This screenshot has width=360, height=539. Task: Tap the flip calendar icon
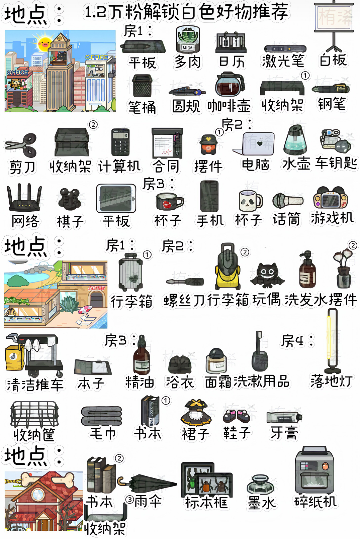[x=231, y=42]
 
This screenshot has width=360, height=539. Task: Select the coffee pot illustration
[x=230, y=85]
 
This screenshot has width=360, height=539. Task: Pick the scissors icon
[x=22, y=145]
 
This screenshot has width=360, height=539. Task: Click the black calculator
[x=120, y=142]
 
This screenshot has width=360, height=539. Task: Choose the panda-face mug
[x=250, y=201]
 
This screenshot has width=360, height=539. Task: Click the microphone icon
[x=287, y=200]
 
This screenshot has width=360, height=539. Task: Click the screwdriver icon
[x=185, y=282]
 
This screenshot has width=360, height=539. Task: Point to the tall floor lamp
[x=332, y=341]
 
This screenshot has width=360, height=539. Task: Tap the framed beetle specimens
[x=206, y=479]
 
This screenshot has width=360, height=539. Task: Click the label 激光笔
[x=283, y=61]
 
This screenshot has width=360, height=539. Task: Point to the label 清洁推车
[x=35, y=385]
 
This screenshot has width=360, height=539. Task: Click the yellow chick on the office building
[x=44, y=42]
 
